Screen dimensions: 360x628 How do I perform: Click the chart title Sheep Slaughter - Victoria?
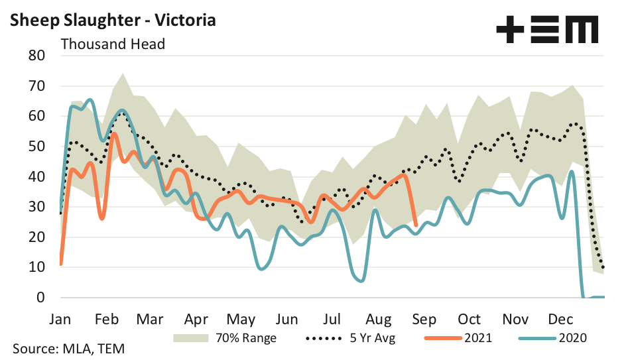click(113, 20)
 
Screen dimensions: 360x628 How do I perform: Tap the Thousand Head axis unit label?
click(113, 44)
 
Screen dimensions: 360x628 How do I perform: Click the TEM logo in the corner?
click(547, 30)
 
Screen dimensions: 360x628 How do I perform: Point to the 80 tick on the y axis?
click(36, 56)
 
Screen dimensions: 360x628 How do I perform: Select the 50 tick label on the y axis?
click(36, 147)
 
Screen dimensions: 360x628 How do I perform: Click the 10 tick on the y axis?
click(36, 267)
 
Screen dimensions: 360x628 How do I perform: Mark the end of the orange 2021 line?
click(416, 225)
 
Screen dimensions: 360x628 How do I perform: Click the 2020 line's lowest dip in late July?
click(360, 281)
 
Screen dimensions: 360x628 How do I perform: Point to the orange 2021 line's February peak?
click(114, 134)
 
